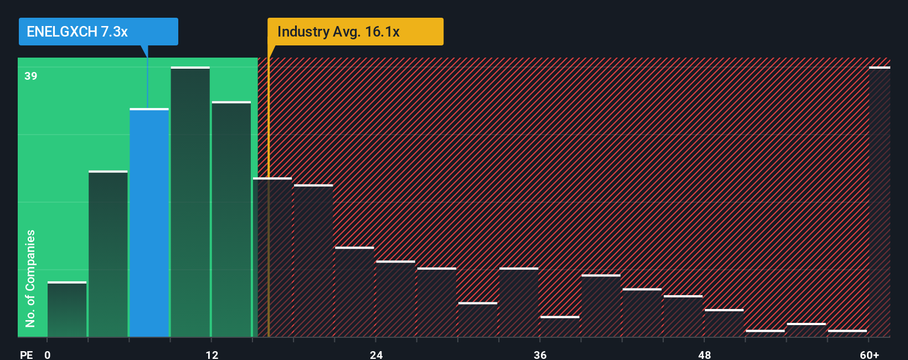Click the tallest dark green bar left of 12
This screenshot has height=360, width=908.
click(x=190, y=202)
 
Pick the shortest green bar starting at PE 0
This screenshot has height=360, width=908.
click(x=67, y=309)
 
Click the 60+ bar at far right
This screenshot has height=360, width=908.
click(x=879, y=202)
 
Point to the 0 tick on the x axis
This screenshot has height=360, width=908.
click(x=48, y=354)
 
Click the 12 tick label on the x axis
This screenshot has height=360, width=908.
click(x=212, y=354)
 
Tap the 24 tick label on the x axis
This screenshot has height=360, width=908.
click(x=376, y=354)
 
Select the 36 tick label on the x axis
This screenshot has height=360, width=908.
click(x=540, y=354)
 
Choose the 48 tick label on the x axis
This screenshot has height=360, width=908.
click(x=704, y=354)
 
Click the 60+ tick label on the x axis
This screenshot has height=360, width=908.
click(x=870, y=354)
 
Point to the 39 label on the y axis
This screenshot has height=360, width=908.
click(x=31, y=76)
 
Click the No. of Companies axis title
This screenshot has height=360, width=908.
click(x=30, y=278)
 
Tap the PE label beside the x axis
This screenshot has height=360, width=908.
click(x=26, y=354)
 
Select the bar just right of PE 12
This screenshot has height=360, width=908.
click(x=231, y=219)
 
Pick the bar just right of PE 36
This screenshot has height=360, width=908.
click(x=560, y=327)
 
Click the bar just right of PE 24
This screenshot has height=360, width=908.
click(x=395, y=299)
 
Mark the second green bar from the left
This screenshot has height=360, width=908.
click(x=108, y=254)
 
